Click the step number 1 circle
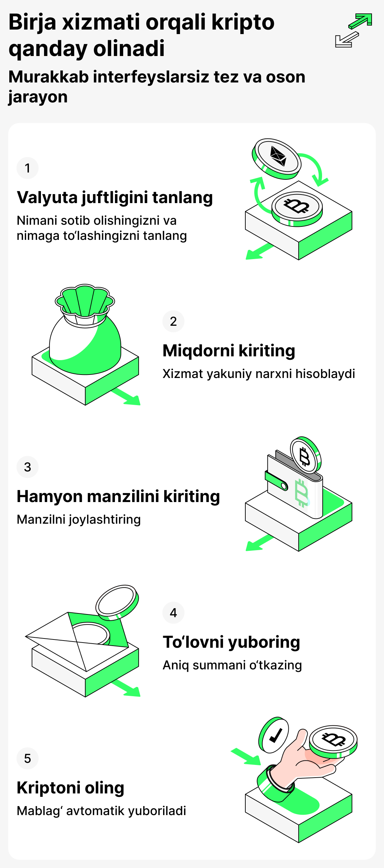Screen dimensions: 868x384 (x=28, y=168)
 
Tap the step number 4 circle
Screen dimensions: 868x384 (x=173, y=613)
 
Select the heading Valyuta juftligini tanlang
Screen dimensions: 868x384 (x=115, y=198)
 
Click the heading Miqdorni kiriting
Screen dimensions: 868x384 (x=229, y=351)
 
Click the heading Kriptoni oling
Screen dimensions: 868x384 (x=71, y=788)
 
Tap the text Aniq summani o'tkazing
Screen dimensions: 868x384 (x=232, y=665)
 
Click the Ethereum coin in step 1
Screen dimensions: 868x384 (x=277, y=157)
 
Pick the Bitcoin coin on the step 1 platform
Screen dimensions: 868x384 (x=297, y=207)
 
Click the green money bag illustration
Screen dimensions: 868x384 (x=85, y=337)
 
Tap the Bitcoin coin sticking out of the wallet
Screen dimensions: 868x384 (x=305, y=456)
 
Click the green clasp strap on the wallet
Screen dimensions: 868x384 (x=276, y=480)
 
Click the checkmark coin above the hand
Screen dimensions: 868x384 (x=274, y=735)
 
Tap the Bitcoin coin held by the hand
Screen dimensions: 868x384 (x=333, y=740)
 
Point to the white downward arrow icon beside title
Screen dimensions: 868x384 (x=346, y=40)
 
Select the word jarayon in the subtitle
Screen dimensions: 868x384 (x=38, y=97)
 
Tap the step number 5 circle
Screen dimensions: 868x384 (x=28, y=758)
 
